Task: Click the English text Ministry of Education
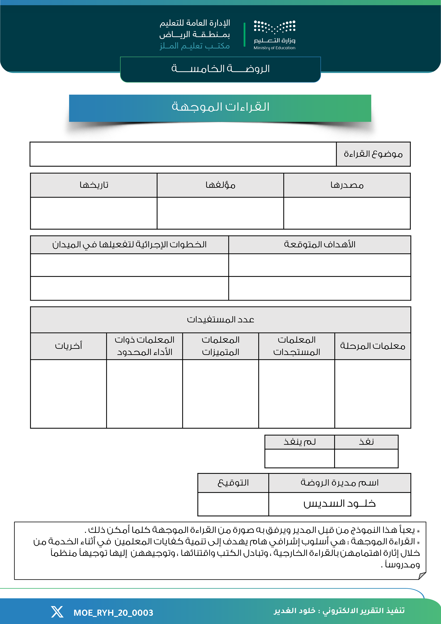pos(274,48)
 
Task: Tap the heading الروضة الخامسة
pos(220,68)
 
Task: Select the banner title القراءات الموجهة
pos(220,107)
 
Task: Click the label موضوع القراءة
pos(373,154)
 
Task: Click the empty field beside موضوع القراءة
pos(183,154)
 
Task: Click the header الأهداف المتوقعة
pos(320,245)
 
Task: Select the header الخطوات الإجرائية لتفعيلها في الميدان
pos(129,245)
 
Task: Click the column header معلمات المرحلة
pos(373,346)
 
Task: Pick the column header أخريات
pos(68,346)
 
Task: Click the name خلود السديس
pos(339,504)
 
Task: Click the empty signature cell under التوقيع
pos(233,504)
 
